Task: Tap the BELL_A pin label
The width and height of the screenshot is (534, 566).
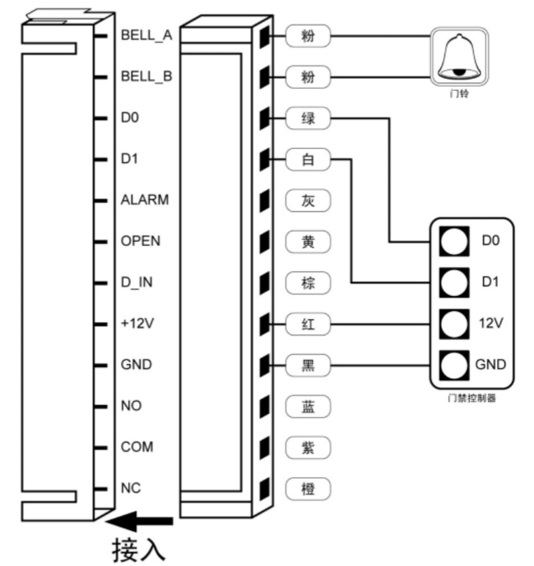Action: (x=146, y=35)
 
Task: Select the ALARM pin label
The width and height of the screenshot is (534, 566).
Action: (x=145, y=200)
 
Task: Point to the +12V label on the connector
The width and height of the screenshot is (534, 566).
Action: (x=138, y=323)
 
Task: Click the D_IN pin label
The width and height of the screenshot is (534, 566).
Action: (x=137, y=282)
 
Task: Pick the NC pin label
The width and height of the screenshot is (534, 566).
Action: (x=130, y=488)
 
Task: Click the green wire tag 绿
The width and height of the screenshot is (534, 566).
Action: (x=308, y=120)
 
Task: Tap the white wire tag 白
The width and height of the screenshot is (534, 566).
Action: (x=308, y=160)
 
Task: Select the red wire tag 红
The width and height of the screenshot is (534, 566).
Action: (x=308, y=325)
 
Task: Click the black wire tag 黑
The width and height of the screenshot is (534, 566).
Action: (x=308, y=366)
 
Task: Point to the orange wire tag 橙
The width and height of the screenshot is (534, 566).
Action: (x=308, y=489)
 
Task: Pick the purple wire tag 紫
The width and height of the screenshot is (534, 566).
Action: (x=308, y=448)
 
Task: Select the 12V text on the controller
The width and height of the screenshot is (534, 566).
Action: (x=491, y=323)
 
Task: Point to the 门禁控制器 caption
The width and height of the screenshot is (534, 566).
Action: (x=472, y=400)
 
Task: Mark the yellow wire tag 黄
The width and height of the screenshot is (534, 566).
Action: (x=308, y=241)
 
